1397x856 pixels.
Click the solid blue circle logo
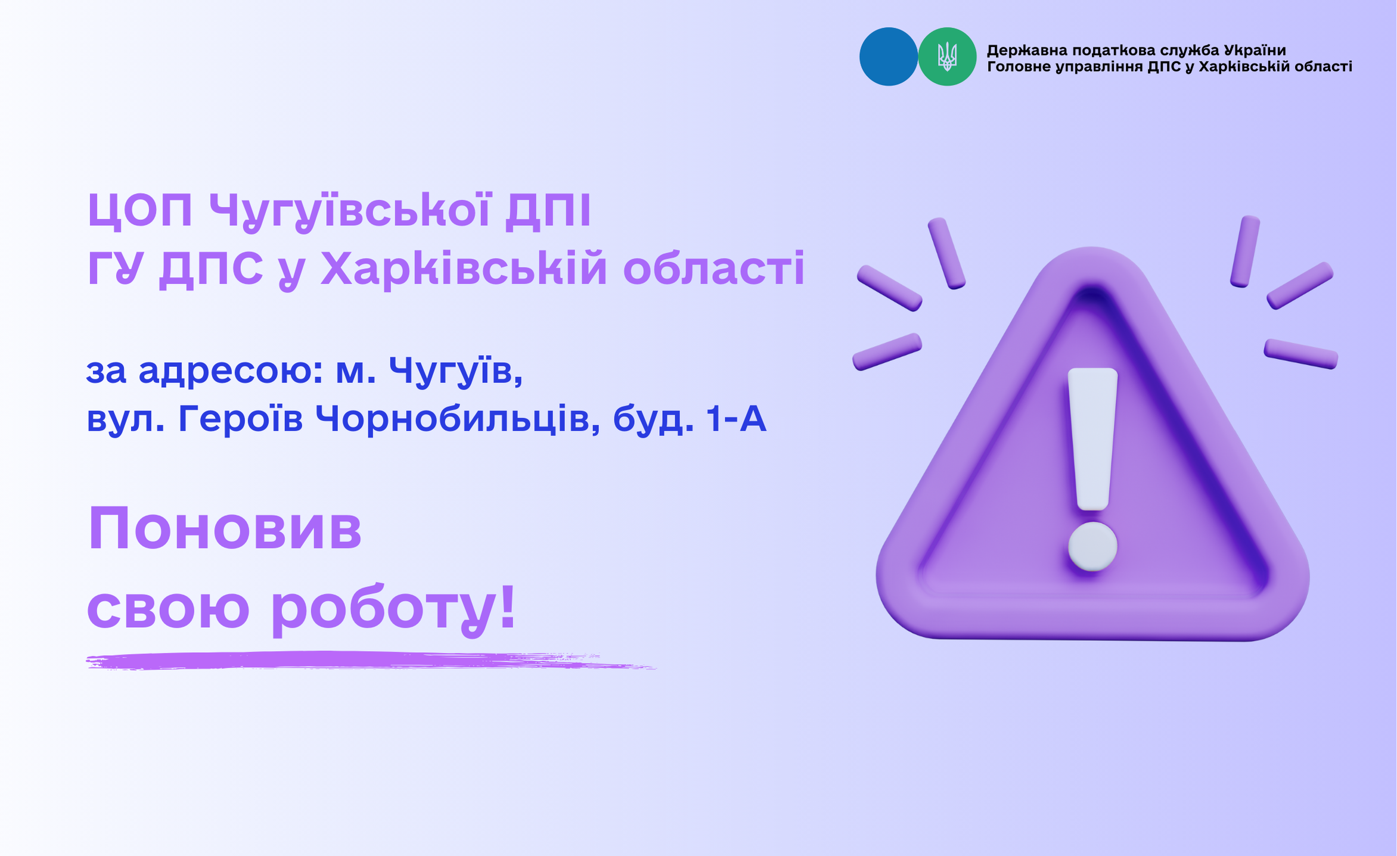[888, 57]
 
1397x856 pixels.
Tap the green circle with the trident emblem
[947, 57]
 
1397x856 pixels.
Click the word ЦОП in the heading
[140, 210]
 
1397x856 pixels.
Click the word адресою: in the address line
[231, 371]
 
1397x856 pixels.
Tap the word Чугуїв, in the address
[456, 371]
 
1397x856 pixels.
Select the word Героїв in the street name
[240, 419]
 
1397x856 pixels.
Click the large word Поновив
[225, 528]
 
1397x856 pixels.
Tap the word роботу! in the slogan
[393, 610]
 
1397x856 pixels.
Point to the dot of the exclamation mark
[1092, 547]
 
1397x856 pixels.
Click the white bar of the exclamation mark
[1092, 439]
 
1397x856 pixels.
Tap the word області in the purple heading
[714, 269]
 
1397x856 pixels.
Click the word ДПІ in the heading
[548, 210]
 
